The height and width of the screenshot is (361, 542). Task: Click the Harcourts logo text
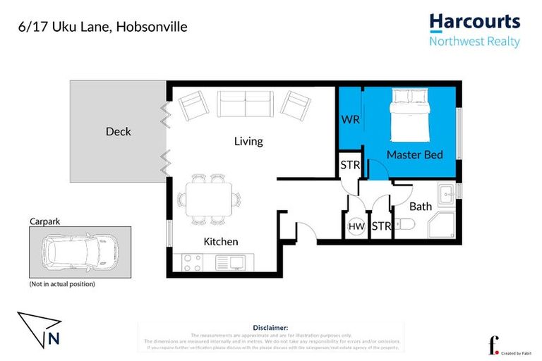pyautogui.click(x=474, y=22)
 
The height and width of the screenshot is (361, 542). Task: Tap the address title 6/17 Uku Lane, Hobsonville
pyautogui.click(x=102, y=27)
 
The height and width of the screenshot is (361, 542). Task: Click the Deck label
pyautogui.click(x=118, y=131)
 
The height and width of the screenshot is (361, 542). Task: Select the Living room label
pyautogui.click(x=248, y=141)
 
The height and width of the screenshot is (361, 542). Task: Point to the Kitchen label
pyautogui.click(x=221, y=241)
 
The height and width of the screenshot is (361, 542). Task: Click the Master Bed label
pyautogui.click(x=415, y=154)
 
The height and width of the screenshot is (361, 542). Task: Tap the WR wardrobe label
pyautogui.click(x=350, y=119)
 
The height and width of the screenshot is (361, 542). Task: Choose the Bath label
pyautogui.click(x=421, y=207)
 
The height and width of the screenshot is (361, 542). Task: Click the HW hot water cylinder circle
pyautogui.click(x=356, y=226)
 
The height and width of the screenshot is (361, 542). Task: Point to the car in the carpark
pyautogui.click(x=79, y=251)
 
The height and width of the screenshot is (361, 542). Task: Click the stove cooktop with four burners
pyautogui.click(x=192, y=263)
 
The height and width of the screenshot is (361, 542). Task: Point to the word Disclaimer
pyautogui.click(x=270, y=328)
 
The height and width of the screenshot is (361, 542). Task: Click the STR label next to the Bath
pyautogui.click(x=381, y=226)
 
